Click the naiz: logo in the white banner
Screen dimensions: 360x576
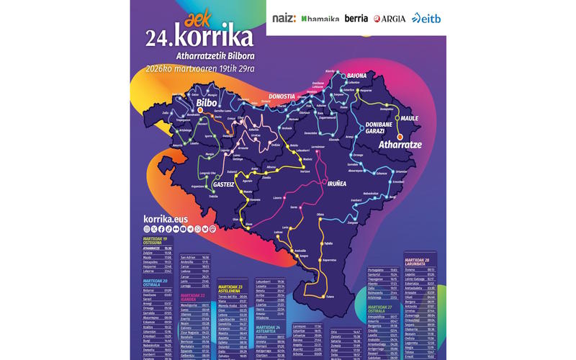pos(284,18)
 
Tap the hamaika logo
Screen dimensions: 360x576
pos(320,18)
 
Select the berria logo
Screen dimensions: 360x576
pos(356,18)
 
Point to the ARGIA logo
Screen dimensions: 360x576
pos(390,18)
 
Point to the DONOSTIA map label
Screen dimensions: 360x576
pos(282,96)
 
